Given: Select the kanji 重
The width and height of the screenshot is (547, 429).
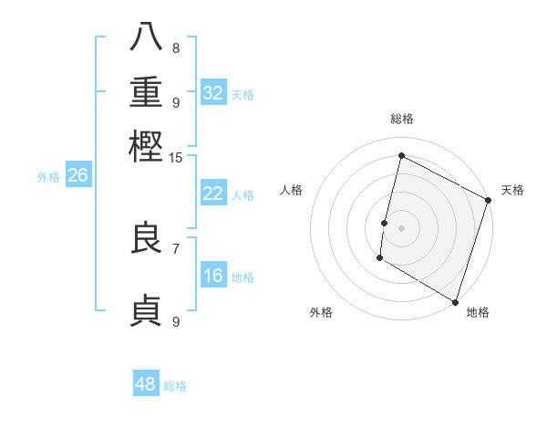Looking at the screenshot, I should [146, 93].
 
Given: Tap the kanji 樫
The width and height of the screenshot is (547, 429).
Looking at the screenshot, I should [146, 145].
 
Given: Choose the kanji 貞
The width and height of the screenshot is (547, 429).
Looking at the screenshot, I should [146, 310].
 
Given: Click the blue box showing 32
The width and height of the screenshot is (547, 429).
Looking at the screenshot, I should [213, 93].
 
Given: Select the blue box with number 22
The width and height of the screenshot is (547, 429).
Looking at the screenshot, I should [213, 194].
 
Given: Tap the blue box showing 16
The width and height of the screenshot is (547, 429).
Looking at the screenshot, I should [213, 276].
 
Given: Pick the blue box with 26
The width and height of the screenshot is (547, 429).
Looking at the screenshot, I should [78, 176].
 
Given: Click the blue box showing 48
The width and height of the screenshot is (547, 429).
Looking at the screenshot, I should [146, 384].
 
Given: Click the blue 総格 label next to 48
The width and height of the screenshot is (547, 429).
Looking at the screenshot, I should [175, 386].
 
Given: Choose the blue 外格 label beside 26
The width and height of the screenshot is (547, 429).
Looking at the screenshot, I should [47, 177].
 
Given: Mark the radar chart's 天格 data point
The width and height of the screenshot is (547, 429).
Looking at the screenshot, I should [488, 202].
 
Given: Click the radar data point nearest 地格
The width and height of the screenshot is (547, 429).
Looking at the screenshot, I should [455, 301].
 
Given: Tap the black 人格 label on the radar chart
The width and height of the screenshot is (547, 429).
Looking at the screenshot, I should [292, 190].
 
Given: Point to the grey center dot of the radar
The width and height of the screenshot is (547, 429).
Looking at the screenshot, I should [401, 227].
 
